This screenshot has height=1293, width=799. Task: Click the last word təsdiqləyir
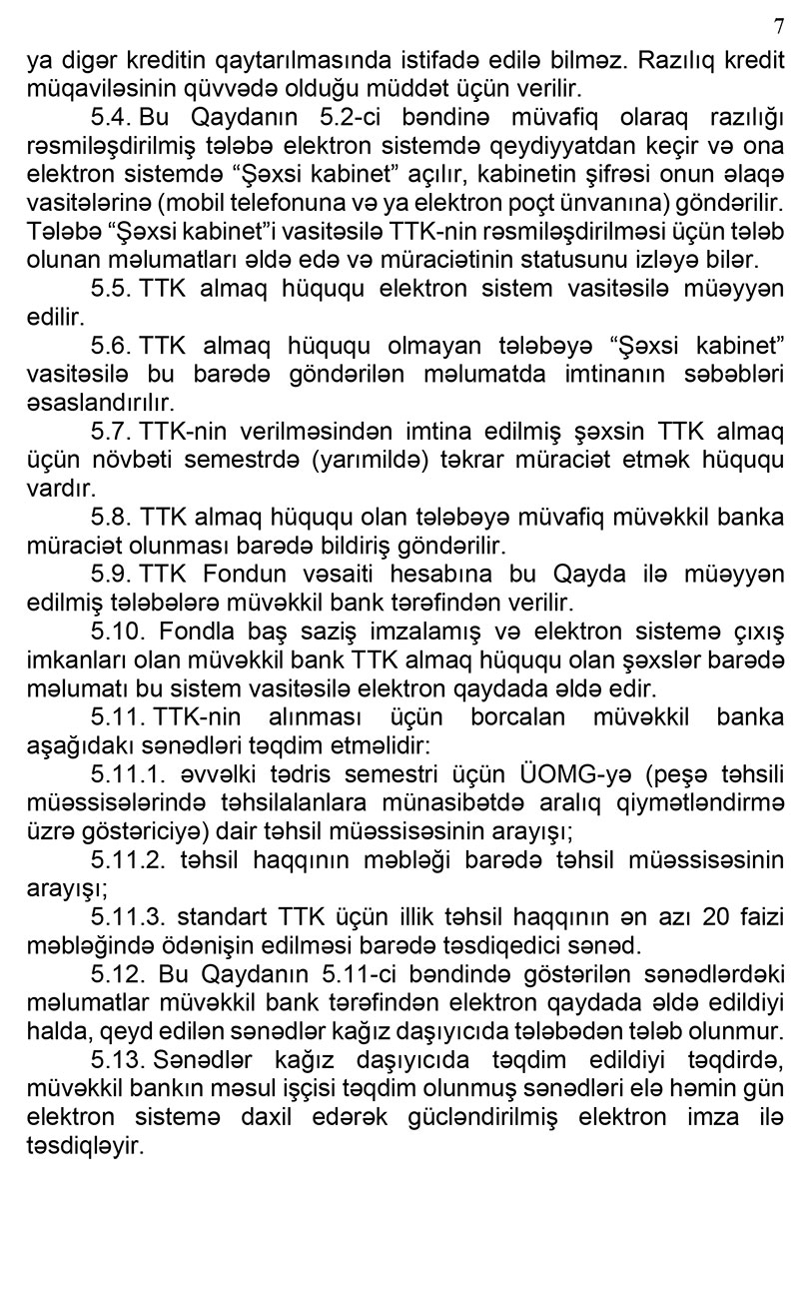click(86, 1146)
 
